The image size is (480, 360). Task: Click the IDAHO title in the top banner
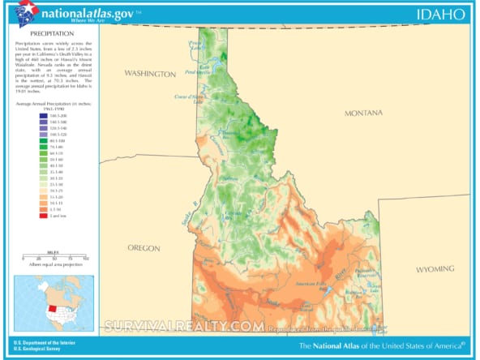(x=441, y=14)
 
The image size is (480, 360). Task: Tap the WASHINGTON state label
(x=149, y=74)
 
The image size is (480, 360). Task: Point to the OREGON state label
(x=144, y=247)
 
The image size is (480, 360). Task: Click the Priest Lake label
(x=195, y=45)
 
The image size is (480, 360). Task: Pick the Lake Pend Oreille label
(x=198, y=71)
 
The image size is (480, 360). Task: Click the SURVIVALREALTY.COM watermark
(x=182, y=326)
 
